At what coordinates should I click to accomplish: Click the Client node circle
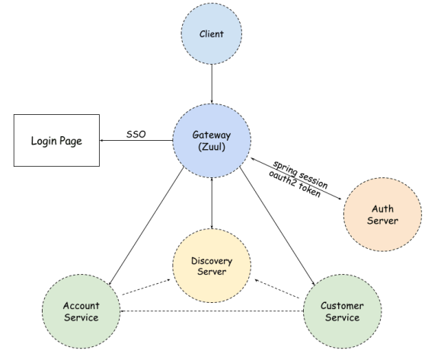(211, 33)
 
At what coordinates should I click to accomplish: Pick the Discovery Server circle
(211, 266)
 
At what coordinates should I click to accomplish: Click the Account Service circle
(80, 311)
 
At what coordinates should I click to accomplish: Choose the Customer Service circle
(342, 311)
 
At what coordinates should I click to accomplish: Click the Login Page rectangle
(56, 141)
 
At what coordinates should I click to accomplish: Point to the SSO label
(137, 135)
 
